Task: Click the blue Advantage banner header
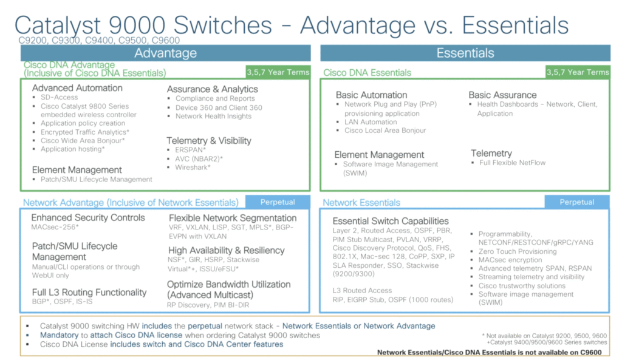165,53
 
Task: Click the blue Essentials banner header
465,53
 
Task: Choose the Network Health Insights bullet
213,116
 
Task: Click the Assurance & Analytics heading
212,89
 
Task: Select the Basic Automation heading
371,95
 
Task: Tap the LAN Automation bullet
371,122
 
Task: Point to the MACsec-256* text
55,227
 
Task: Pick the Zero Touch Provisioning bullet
517,251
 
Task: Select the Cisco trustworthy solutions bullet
522,286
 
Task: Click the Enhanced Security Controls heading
88,217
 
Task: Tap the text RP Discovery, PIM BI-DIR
208,305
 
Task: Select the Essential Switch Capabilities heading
391,221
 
